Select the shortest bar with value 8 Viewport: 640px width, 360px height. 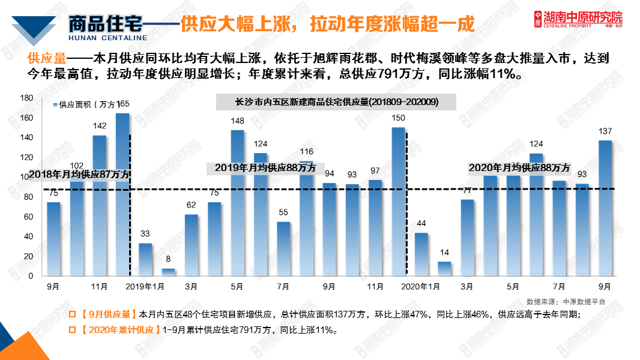[169, 272]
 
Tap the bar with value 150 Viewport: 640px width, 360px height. [398, 201]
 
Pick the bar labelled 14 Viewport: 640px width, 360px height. [444, 269]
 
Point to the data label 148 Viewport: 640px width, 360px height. [237, 121]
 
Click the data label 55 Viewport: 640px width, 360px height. [283, 212]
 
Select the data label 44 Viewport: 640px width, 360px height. [421, 224]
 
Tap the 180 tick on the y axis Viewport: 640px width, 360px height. [26, 98]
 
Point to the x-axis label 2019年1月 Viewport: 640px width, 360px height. [145, 287]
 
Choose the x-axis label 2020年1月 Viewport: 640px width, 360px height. [421, 287]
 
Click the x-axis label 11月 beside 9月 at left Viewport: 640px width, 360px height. [99, 287]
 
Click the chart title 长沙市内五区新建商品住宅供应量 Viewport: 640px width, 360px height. [336, 102]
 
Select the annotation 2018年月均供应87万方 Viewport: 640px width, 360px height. [79, 174]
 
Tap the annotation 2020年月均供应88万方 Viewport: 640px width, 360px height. [519, 168]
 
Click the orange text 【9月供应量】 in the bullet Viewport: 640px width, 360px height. [107, 314]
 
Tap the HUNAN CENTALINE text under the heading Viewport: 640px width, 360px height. [108, 37]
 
